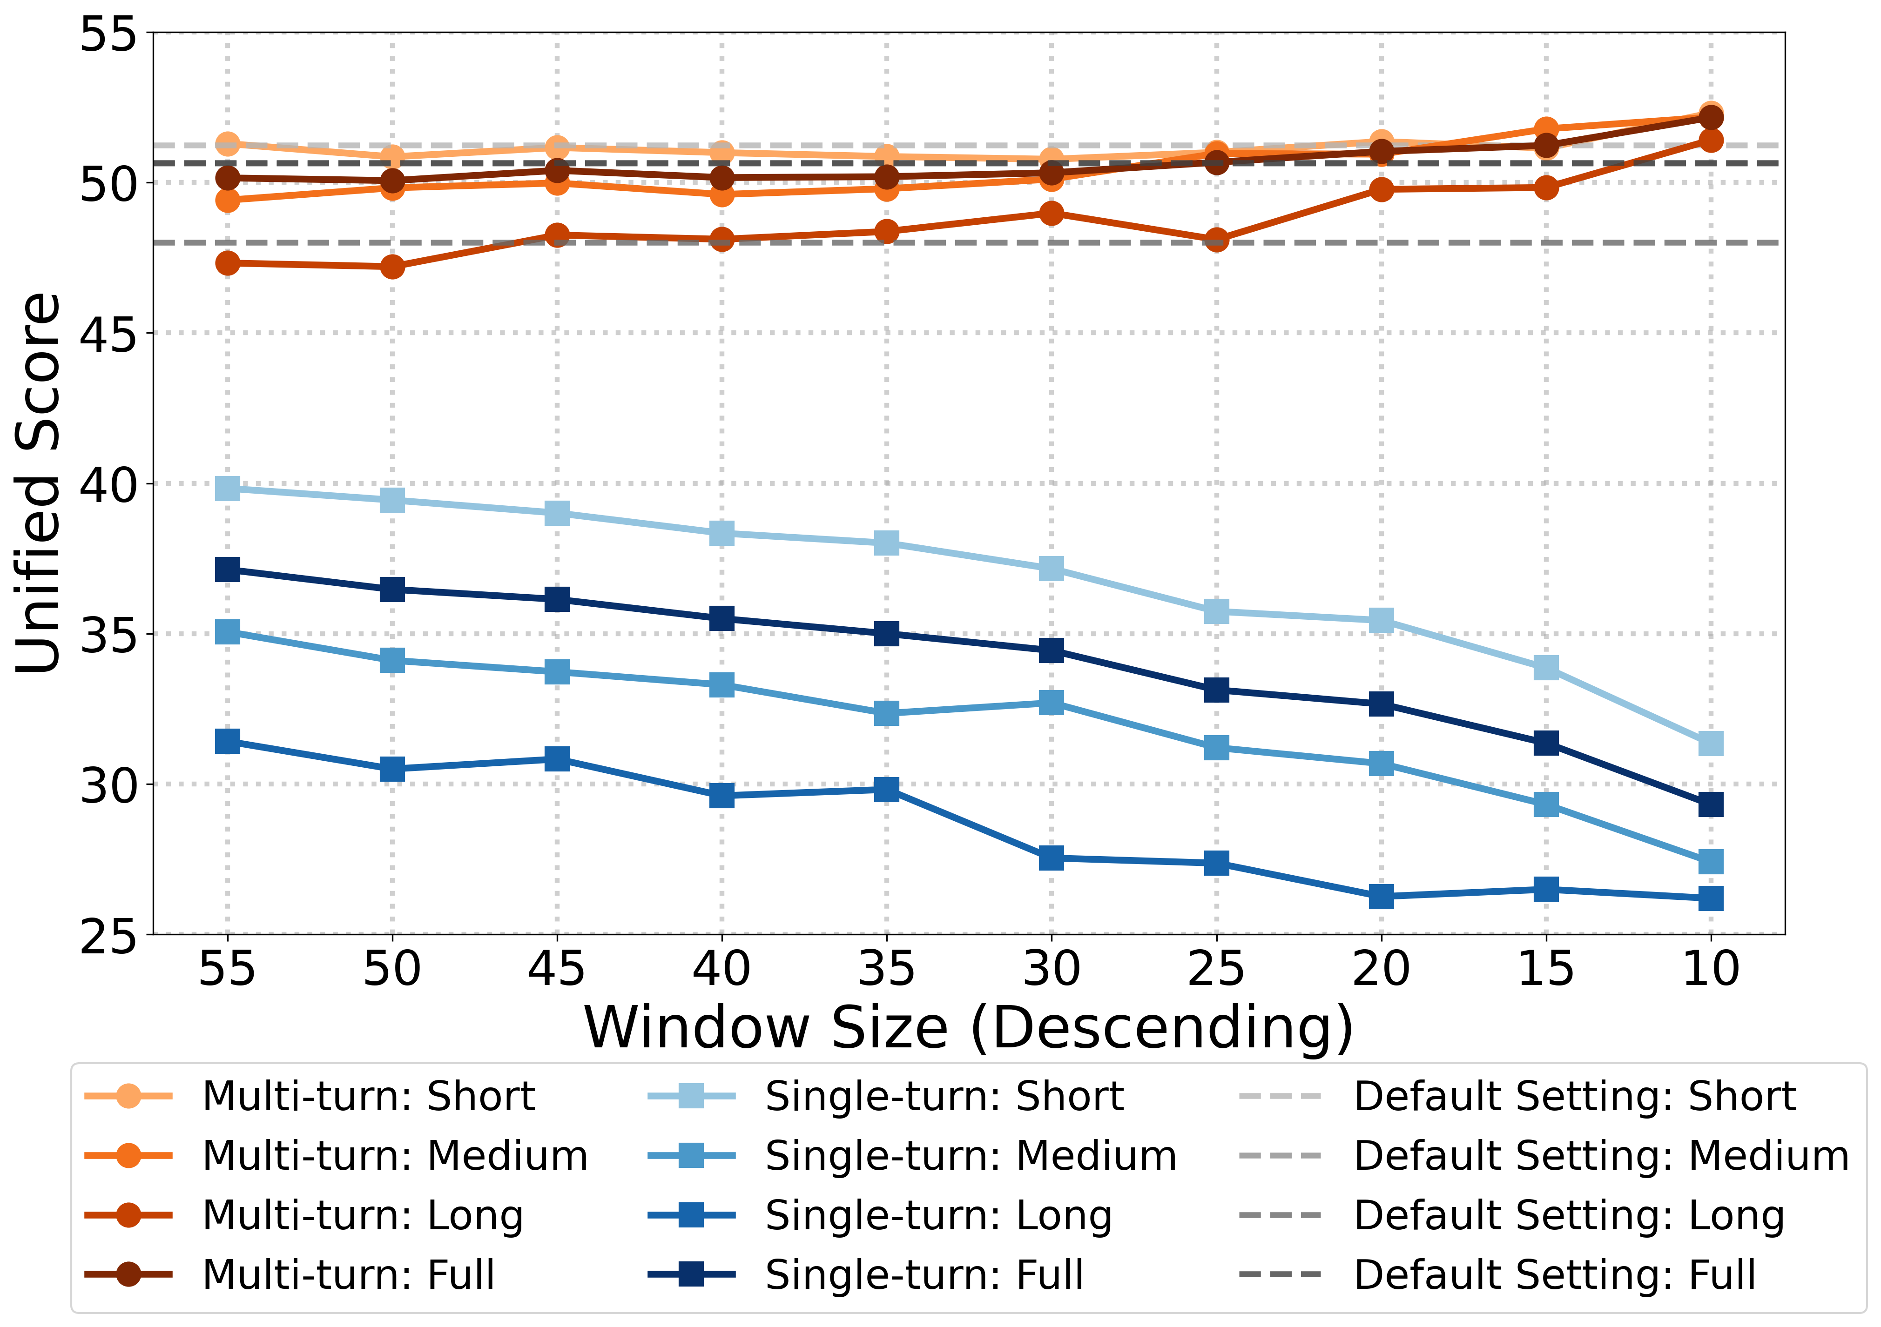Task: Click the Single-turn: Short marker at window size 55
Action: pyautogui.click(x=227, y=488)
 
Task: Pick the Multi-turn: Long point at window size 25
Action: pyautogui.click(x=1217, y=240)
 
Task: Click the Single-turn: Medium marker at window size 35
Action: pyautogui.click(x=886, y=713)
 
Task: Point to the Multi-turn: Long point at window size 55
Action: pyautogui.click(x=227, y=263)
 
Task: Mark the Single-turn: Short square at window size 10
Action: pyautogui.click(x=1711, y=744)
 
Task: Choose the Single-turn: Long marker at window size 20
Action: pyautogui.click(x=1381, y=896)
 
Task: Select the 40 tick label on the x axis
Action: pyautogui.click(x=721, y=969)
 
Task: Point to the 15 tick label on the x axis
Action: pyautogui.click(x=1545, y=969)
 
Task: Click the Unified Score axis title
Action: pyautogui.click(x=39, y=483)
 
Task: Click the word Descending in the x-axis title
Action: pyautogui.click(x=1162, y=1027)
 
